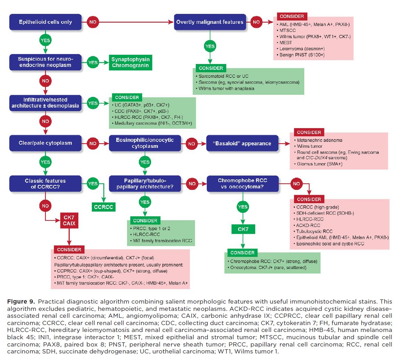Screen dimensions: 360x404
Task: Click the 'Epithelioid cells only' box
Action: click(45, 22)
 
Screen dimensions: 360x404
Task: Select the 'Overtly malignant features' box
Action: click(210, 22)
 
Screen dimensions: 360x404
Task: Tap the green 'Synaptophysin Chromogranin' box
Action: click(130, 62)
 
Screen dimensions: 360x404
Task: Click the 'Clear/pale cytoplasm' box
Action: click(45, 143)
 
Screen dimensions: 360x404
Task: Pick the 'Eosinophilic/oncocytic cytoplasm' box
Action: click(145, 143)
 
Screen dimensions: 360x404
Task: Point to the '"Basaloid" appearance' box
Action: click(242, 143)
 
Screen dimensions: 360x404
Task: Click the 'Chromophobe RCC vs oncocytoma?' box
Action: click(242, 183)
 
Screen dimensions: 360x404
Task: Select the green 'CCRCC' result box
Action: click(104, 207)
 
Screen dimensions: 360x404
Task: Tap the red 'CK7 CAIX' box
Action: click(69, 220)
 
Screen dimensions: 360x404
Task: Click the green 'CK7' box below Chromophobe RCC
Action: click(243, 229)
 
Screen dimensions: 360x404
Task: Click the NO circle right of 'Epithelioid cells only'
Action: click(93, 22)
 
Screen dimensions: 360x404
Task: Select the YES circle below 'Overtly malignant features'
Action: click(210, 46)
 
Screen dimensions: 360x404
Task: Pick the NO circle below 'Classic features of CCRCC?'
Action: click(45, 206)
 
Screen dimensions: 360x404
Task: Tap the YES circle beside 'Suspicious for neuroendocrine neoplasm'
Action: click(93, 62)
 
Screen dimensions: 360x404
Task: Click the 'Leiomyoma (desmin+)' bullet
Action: click(302, 49)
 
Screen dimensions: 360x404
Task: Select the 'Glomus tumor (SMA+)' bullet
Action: click(319, 164)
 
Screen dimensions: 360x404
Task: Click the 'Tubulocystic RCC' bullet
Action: click(314, 231)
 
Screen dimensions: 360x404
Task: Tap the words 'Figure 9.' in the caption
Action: click(20, 301)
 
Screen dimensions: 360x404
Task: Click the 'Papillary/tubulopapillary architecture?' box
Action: click(145, 183)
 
